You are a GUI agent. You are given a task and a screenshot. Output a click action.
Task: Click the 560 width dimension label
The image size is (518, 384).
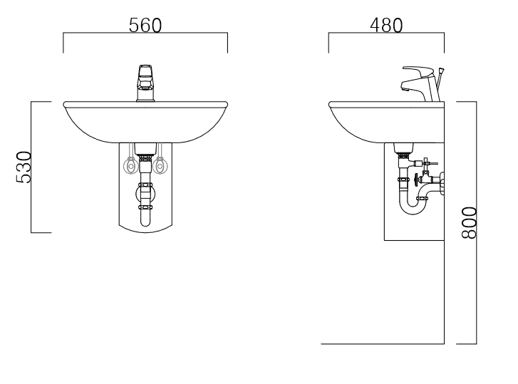click(145, 26)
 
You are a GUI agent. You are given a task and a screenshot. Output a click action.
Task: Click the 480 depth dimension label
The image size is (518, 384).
click(386, 26)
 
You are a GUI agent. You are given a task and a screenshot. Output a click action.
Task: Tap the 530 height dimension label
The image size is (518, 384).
click(24, 167)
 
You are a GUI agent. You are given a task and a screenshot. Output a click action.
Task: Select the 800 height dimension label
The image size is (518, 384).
click(469, 222)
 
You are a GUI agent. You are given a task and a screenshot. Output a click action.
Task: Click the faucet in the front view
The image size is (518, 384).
click(145, 83)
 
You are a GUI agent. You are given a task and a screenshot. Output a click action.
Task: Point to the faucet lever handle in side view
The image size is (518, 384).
click(418, 71)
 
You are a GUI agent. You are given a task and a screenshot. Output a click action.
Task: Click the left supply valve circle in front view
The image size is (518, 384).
click(130, 166)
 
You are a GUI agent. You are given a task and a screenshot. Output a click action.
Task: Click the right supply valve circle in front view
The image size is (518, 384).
click(160, 166)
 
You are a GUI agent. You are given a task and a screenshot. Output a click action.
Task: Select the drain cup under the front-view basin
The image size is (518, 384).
click(145, 148)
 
